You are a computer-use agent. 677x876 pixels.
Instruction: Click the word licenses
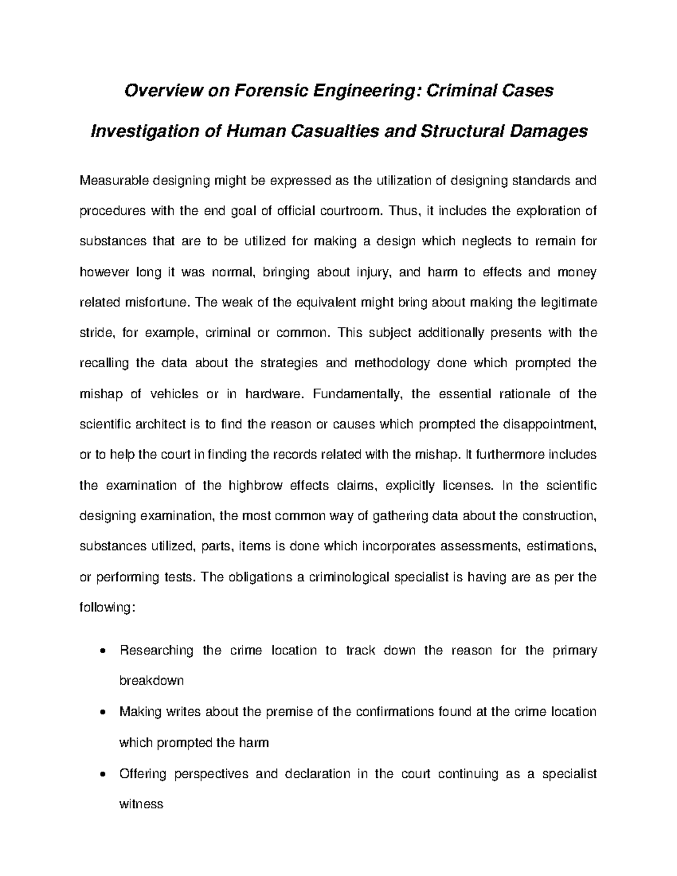(x=468, y=486)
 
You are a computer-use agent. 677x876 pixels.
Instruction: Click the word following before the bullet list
(x=105, y=608)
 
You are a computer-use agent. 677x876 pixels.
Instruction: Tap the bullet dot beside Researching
(x=100, y=652)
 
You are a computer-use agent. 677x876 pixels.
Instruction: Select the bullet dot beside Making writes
(x=100, y=712)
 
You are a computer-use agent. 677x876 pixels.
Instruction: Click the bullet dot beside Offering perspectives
(x=100, y=774)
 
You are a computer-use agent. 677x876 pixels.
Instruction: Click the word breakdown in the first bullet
(x=152, y=681)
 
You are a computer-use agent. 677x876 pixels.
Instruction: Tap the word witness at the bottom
(x=141, y=804)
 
